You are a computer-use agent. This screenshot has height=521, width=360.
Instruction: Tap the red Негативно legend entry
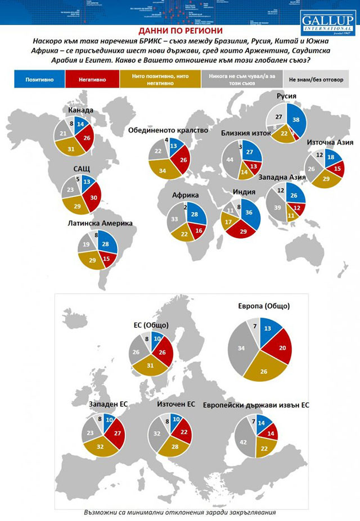click(x=92, y=80)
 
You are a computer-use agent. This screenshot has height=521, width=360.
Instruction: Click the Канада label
click(x=80, y=111)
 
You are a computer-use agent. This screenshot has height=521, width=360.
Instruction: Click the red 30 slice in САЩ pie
click(x=91, y=197)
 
